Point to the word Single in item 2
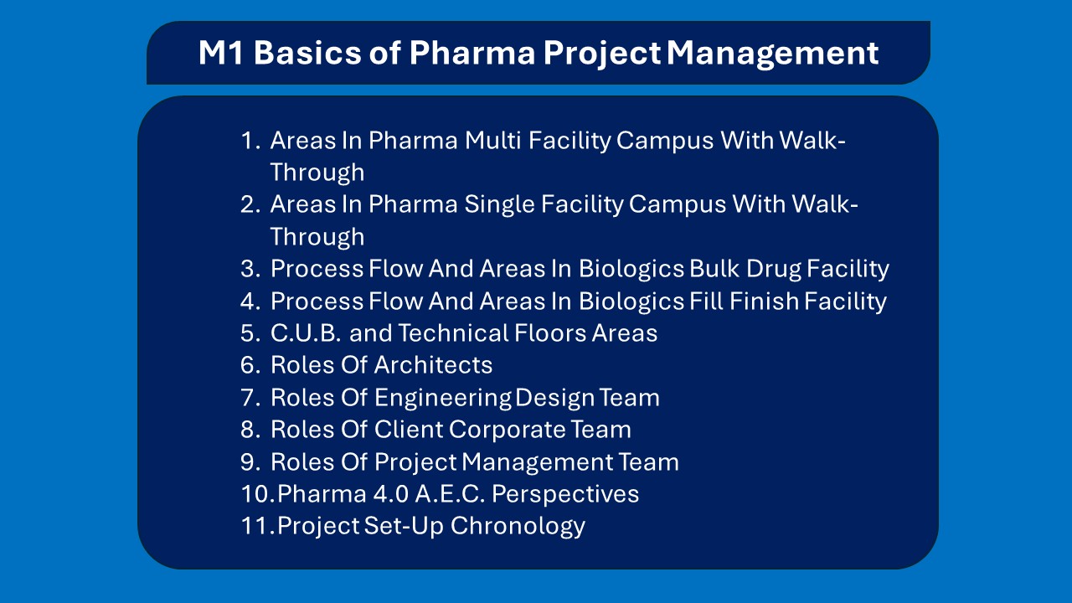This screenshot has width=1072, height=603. pyautogui.click(x=496, y=204)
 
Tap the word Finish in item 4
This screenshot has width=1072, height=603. pyautogui.click(x=765, y=301)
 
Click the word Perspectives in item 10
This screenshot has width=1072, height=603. pyautogui.click(x=565, y=494)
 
